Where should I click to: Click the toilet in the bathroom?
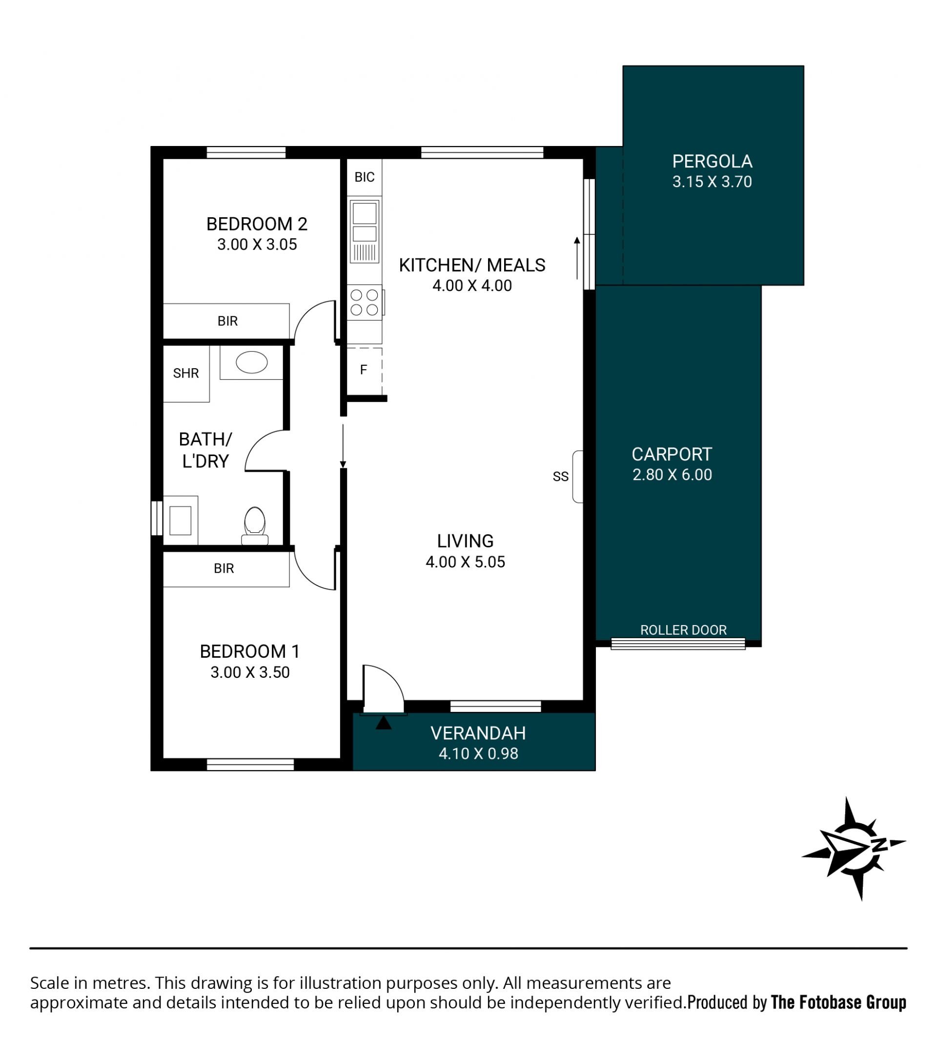[254, 525]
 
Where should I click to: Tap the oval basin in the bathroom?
[252, 362]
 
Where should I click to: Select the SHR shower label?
[186, 373]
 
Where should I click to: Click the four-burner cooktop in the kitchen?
[365, 302]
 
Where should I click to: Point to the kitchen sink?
[365, 231]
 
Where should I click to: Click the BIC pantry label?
[365, 177]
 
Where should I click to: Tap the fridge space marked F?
[364, 370]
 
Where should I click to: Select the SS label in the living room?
[561, 477]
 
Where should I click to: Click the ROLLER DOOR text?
[683, 630]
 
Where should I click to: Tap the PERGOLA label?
[712, 162]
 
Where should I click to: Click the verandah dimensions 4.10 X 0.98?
[478, 753]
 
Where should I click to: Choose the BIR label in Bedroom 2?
[227, 321]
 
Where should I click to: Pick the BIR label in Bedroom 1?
[224, 569]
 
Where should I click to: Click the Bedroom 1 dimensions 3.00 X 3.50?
[250, 672]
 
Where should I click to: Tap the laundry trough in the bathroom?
[180, 520]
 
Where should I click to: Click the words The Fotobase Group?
[838, 1002]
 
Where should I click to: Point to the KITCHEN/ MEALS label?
[472, 265]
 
